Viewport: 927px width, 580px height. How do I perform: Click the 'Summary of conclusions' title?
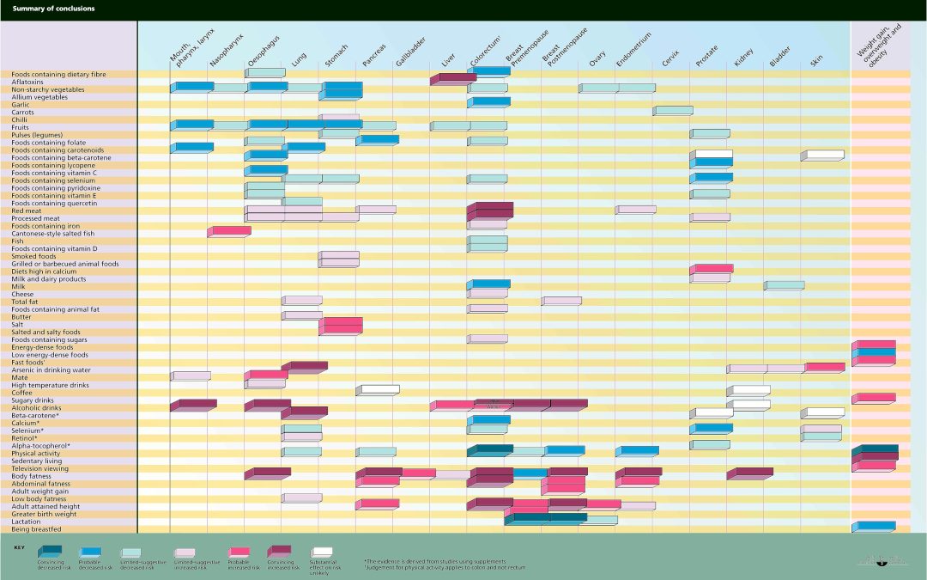53,9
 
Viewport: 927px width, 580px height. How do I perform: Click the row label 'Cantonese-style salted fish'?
53,234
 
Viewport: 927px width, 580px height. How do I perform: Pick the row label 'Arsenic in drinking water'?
51,370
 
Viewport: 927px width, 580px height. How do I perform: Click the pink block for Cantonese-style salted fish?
229,231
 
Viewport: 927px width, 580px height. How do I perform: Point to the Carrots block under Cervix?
673,110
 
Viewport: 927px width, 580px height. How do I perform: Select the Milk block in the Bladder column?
785,285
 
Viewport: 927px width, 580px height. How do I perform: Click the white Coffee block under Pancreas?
378,390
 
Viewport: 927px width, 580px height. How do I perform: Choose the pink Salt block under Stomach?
341,325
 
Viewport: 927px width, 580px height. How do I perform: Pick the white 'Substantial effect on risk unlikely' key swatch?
323,553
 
